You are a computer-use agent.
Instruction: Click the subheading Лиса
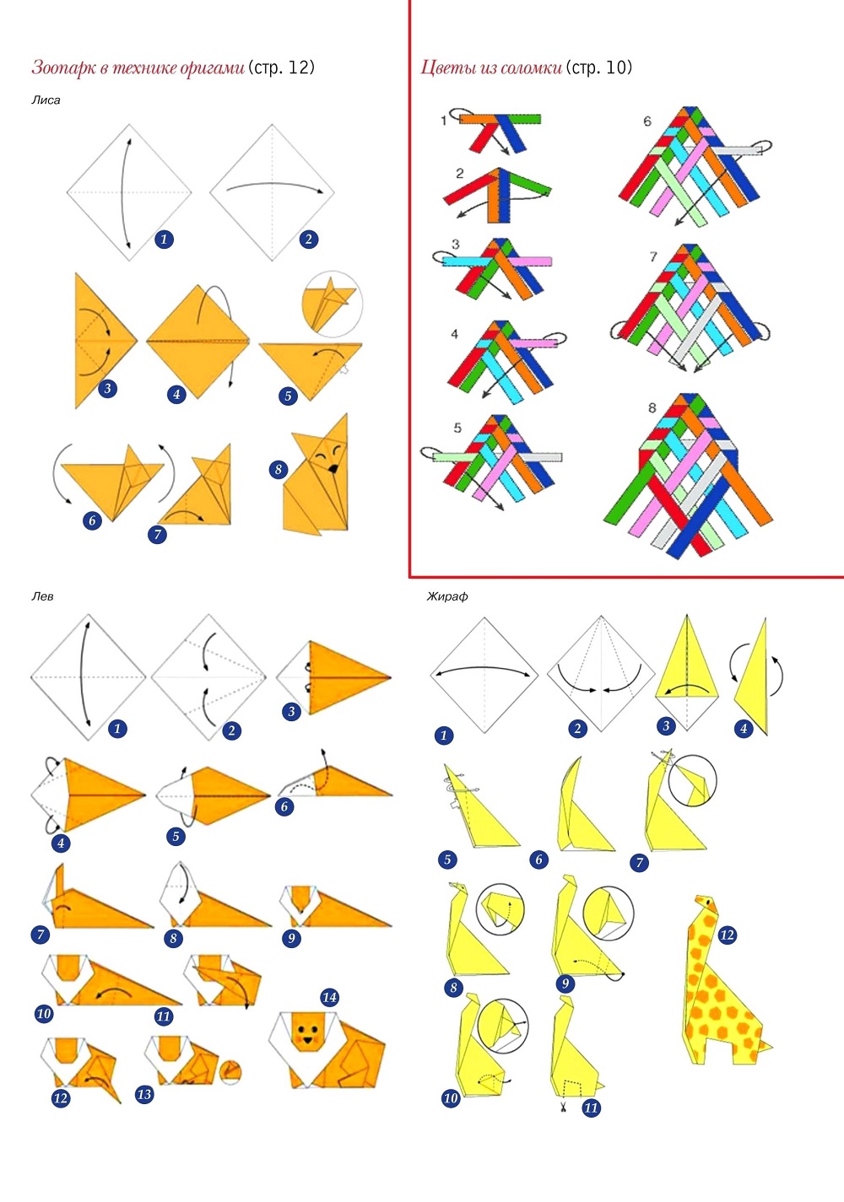(46, 100)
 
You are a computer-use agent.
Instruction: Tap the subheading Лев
(42, 596)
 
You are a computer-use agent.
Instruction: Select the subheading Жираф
(447, 596)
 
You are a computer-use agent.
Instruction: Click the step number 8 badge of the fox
(279, 470)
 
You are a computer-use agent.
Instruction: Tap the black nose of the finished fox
(333, 468)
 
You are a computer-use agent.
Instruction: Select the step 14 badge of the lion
(329, 997)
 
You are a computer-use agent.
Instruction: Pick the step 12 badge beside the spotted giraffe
(727, 935)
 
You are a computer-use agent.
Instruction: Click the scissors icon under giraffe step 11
(563, 1107)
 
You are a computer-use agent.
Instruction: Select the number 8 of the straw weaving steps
(652, 407)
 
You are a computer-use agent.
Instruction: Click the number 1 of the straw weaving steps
(443, 120)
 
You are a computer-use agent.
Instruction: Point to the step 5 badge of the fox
(288, 396)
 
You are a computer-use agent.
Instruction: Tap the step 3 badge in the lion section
(291, 712)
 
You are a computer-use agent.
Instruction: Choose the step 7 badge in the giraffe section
(639, 862)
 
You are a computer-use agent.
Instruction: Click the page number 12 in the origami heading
(299, 67)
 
